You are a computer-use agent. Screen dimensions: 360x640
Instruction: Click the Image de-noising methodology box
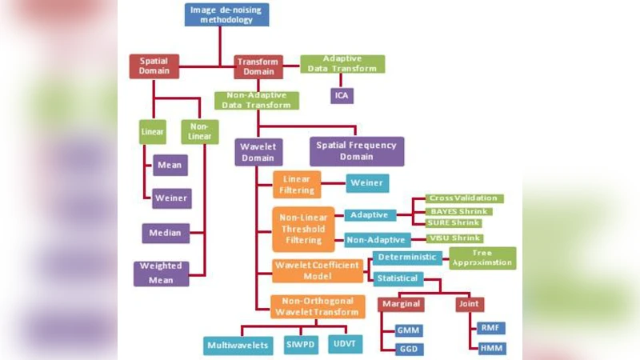pyautogui.click(x=226, y=14)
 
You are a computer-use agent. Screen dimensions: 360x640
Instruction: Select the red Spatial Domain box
pyautogui.click(x=154, y=66)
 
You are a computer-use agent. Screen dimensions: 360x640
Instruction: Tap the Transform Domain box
pyautogui.click(x=259, y=66)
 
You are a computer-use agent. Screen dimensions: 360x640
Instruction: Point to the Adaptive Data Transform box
pyautogui.click(x=342, y=64)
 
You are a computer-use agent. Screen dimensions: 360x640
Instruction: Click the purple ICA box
pyautogui.click(x=342, y=96)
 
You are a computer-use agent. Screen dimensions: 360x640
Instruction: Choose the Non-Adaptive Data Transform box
pyautogui.click(x=257, y=100)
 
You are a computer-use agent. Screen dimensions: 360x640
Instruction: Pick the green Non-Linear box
pyautogui.click(x=199, y=131)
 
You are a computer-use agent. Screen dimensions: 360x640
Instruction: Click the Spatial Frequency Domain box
pyautogui.click(x=356, y=151)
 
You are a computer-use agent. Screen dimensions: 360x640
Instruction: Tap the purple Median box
pyautogui.click(x=166, y=234)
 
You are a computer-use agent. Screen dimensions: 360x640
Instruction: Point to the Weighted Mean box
pyautogui.click(x=161, y=273)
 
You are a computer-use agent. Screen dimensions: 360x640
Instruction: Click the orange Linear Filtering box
pyautogui.click(x=297, y=184)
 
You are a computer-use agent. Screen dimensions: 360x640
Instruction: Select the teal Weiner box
pyautogui.click(x=367, y=183)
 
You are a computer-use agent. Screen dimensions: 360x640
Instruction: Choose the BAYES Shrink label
pyautogui.click(x=454, y=211)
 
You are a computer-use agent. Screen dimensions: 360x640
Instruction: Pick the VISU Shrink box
pyautogui.click(x=454, y=238)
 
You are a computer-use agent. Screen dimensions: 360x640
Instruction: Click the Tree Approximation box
pyautogui.click(x=482, y=258)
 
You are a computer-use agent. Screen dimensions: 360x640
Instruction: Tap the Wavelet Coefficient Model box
pyautogui.click(x=318, y=270)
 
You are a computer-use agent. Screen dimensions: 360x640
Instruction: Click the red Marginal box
pyautogui.click(x=401, y=305)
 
